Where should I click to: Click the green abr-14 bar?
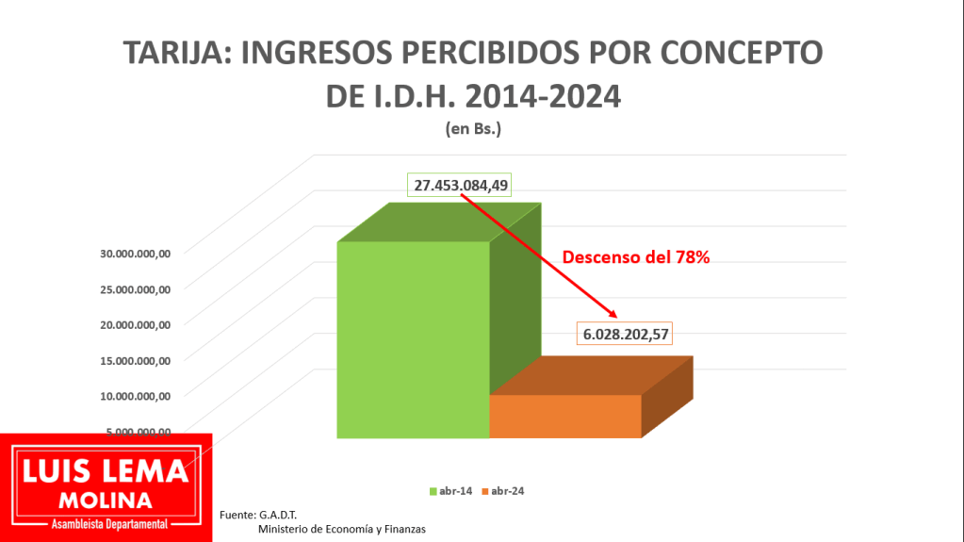click(x=413, y=339)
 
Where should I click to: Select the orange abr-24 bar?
click(x=565, y=416)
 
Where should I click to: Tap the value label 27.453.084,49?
click(x=460, y=185)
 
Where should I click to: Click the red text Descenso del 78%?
click(x=636, y=256)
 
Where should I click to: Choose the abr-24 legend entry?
click(x=502, y=491)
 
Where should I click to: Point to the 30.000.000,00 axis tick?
click(x=135, y=253)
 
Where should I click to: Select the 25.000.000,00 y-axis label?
click(x=135, y=288)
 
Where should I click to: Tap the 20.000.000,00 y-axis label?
click(x=135, y=324)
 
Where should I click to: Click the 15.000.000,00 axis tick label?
click(x=135, y=360)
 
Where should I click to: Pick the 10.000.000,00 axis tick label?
click(x=135, y=396)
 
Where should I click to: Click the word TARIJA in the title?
click(x=174, y=54)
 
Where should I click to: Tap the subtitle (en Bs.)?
click(x=473, y=130)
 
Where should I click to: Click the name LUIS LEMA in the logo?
click(x=106, y=470)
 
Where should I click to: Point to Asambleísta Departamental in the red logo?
click(x=106, y=523)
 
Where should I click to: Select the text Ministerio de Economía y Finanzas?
click(x=341, y=529)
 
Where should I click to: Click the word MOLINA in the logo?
click(x=106, y=499)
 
